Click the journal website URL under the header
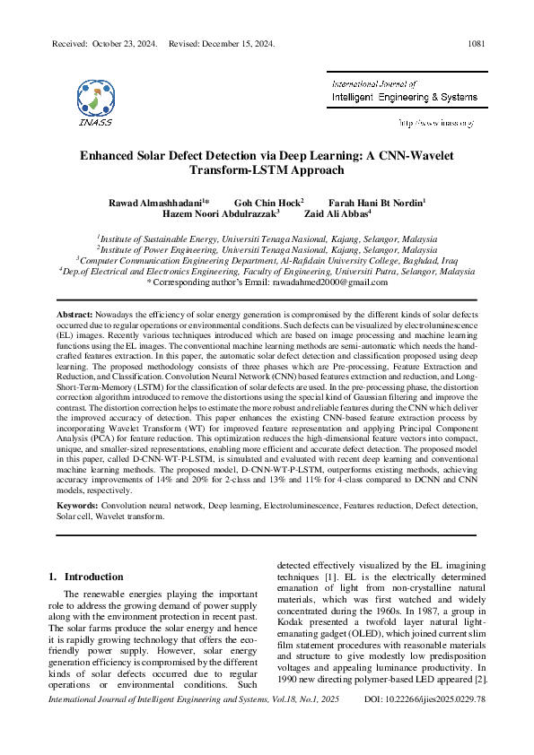(x=437, y=121)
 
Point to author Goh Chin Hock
(x=267, y=203)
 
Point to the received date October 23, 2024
(x=126, y=43)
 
